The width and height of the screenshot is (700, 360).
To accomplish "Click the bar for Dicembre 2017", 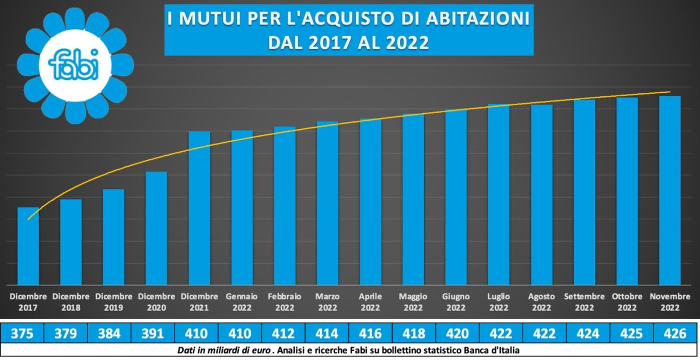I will coord(28,246).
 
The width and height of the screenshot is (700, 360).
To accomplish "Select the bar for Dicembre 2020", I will coord(156,228).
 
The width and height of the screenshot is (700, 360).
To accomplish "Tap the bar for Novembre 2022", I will coord(670,190).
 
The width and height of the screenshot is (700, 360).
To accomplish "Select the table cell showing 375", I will coord(22,333).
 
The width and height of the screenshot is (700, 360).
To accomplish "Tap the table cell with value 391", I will coord(153,333).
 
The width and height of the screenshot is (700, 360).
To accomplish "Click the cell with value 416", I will coord(371,333).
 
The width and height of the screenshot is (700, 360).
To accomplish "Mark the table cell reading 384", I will coord(109,333).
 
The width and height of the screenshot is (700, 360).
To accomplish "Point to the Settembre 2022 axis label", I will coord(584,302).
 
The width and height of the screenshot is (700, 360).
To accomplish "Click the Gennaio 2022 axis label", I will coord(242,302).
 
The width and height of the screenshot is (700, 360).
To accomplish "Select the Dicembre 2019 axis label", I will coord(114,302).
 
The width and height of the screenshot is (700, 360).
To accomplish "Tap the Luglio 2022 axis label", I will coord(499,302).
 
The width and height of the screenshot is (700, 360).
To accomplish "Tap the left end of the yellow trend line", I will coord(28,219).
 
